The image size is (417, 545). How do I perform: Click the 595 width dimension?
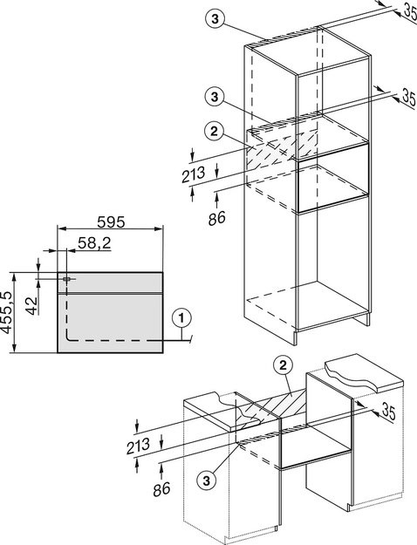click(x=111, y=222)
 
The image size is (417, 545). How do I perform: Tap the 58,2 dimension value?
click(x=94, y=243)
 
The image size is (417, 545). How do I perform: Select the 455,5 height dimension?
click(x=7, y=312)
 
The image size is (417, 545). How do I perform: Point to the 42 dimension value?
click(x=32, y=306)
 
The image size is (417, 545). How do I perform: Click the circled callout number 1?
click(x=181, y=318)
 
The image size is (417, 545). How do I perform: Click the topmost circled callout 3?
click(x=215, y=19)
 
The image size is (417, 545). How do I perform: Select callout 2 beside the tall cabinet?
click(x=214, y=132)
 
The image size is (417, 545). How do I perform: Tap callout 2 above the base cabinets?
click(x=283, y=365)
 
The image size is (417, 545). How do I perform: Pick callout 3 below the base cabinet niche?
click(x=207, y=481)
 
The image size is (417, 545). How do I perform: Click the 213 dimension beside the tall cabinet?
click(x=194, y=174)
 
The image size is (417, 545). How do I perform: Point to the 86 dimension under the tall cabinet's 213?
click(x=217, y=218)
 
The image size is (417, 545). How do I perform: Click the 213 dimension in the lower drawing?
click(x=138, y=446)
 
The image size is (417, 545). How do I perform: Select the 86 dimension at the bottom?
click(x=161, y=489)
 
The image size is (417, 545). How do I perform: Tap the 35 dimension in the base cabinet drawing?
click(x=389, y=412)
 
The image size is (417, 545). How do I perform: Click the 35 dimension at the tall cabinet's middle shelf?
click(x=408, y=98)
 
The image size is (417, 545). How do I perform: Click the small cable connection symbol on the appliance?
click(x=66, y=279)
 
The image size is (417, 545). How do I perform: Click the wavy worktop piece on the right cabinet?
click(x=364, y=372)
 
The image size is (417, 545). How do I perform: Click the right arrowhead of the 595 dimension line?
click(x=159, y=228)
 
